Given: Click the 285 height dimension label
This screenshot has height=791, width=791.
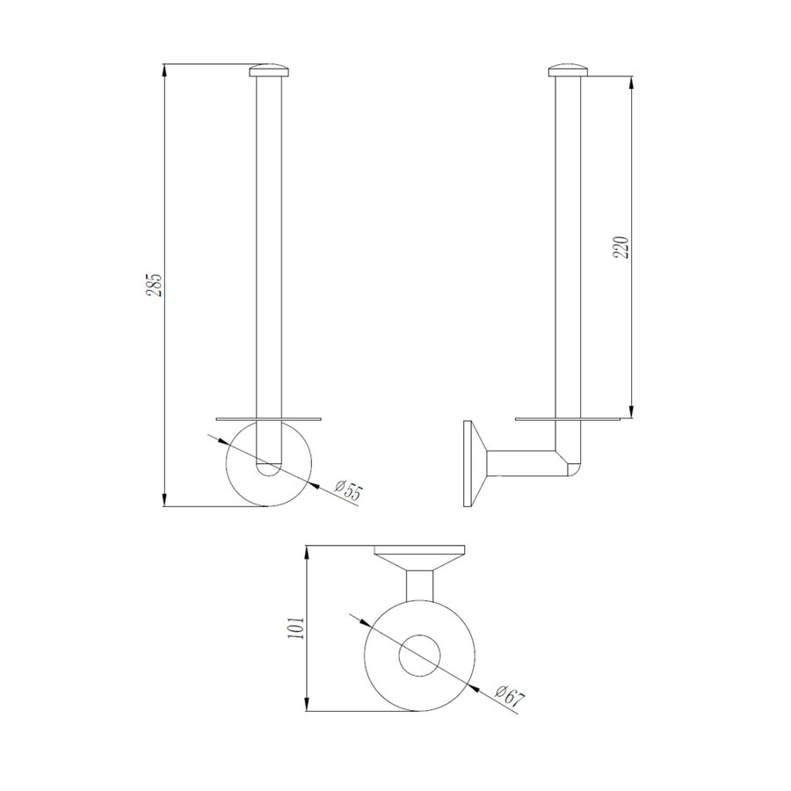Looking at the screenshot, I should (155, 284).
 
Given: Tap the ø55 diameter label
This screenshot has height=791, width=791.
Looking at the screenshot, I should (349, 490).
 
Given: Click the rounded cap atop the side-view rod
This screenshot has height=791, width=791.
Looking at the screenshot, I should (569, 70).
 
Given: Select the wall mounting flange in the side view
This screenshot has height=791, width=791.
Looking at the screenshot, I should (473, 463).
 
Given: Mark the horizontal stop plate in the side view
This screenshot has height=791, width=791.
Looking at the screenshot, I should (569, 418).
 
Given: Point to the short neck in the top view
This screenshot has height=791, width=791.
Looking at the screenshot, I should (420, 583).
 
